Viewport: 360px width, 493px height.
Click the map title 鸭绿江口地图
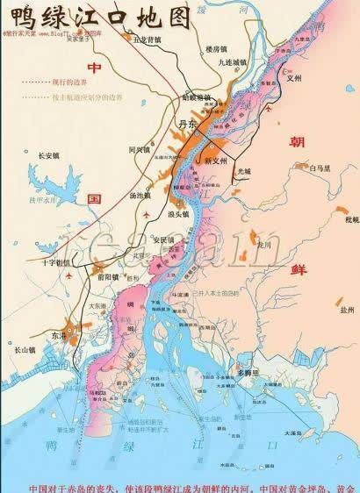point(97,16)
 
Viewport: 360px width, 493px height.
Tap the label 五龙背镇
point(147,40)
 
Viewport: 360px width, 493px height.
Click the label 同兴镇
point(140,150)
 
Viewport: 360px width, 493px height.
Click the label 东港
point(58,335)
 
